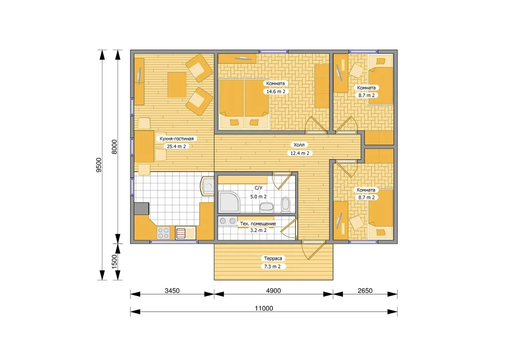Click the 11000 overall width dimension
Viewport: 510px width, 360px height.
264,308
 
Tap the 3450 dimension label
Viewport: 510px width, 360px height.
172,291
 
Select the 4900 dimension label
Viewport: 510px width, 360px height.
274,291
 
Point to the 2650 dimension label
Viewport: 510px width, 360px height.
365,291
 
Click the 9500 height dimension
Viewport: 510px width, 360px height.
99,165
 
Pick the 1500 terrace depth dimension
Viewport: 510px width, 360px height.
114,262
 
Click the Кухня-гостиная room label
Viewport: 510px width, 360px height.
176,139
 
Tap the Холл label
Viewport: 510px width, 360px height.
299,145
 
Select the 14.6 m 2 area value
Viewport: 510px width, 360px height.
276,91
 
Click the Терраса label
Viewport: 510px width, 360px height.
273,258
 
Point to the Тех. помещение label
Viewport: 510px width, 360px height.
258,224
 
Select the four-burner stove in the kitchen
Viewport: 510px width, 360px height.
163,233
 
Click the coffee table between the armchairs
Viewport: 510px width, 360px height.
177,85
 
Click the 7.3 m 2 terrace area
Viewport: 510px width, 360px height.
272,266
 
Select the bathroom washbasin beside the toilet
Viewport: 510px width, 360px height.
267,207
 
